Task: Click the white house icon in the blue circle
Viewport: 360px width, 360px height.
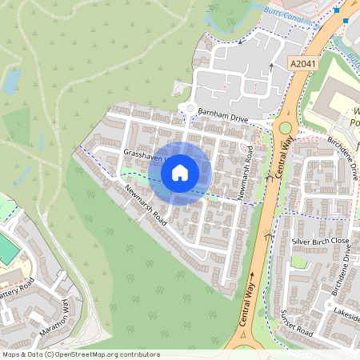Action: point(180,172)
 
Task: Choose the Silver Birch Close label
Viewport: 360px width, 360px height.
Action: point(320,241)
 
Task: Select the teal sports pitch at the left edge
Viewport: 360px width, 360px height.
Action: point(6,250)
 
